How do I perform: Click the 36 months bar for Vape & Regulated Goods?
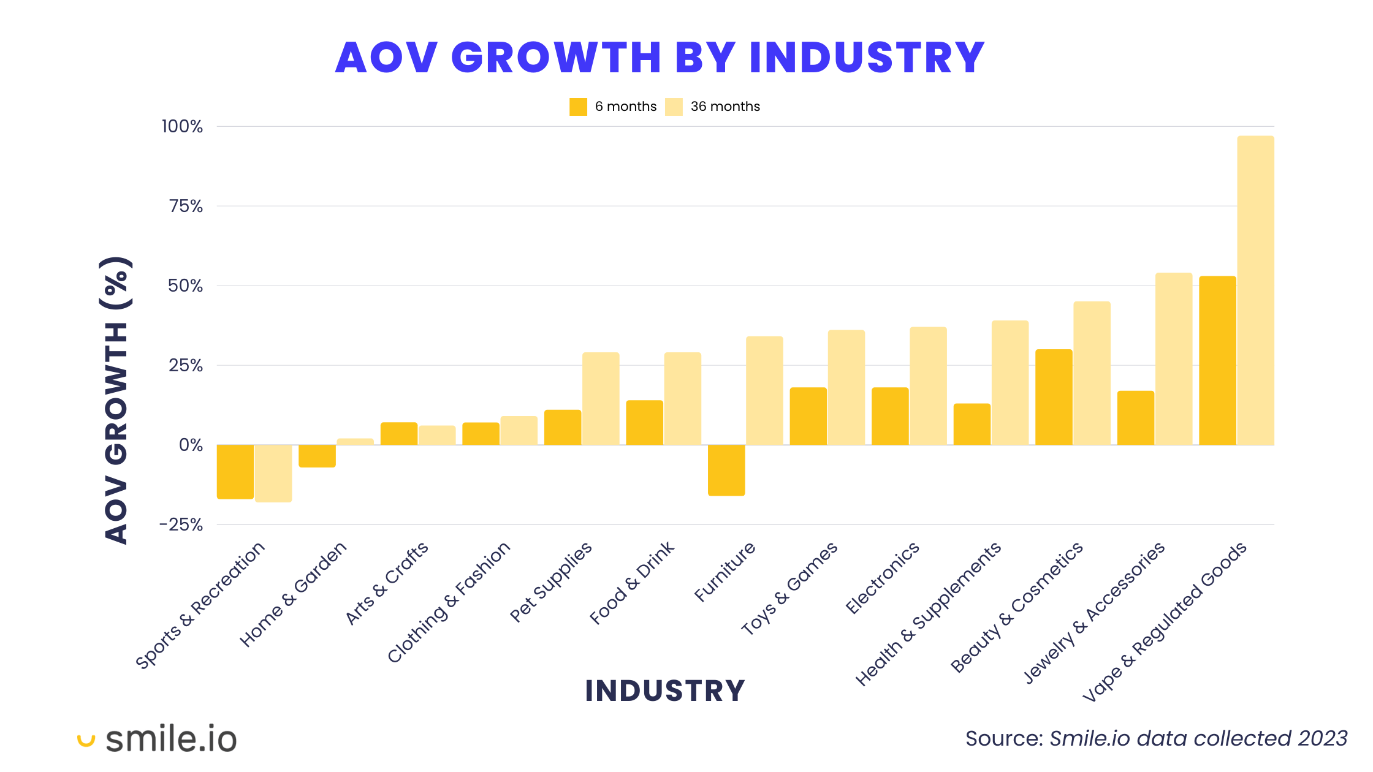coord(1255,290)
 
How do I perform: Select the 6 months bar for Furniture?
coord(726,470)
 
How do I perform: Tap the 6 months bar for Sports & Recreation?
coord(235,472)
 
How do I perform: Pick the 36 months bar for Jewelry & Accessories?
coord(1174,359)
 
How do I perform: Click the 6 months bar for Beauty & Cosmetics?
coord(1054,397)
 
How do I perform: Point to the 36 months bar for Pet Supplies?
coord(601,398)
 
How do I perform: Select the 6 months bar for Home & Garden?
coord(317,456)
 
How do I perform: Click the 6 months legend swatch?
coord(578,107)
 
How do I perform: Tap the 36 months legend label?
coord(725,107)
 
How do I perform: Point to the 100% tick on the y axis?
coord(182,127)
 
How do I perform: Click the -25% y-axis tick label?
coord(181,525)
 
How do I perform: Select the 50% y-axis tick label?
coord(185,286)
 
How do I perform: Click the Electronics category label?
coord(883,578)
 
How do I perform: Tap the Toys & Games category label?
coord(789,588)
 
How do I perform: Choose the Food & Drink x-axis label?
coord(632,583)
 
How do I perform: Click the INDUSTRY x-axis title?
coord(665,691)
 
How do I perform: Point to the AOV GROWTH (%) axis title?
coord(116,400)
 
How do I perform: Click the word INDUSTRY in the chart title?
coord(867,58)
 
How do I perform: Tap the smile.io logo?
coord(158,739)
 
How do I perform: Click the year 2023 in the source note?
coord(1322,739)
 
